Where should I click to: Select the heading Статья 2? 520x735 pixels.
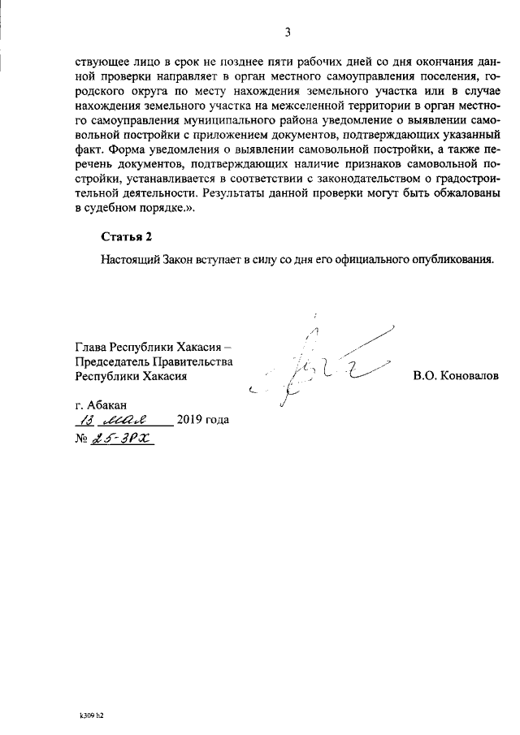127,236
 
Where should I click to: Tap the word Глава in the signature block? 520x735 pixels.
90,347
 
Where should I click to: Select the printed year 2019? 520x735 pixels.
188,421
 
